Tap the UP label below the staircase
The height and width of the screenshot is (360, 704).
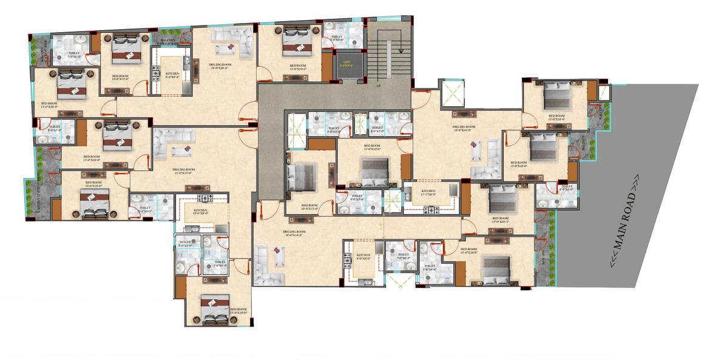[379, 86]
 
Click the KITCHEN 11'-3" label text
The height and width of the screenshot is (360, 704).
[428, 193]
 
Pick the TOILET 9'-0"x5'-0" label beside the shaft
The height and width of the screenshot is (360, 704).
[334, 129]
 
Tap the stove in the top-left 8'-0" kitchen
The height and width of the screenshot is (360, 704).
[155, 70]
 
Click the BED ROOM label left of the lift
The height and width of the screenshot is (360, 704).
[297, 66]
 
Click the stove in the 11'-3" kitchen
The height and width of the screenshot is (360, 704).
[431, 210]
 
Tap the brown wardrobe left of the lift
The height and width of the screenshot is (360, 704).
[327, 68]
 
